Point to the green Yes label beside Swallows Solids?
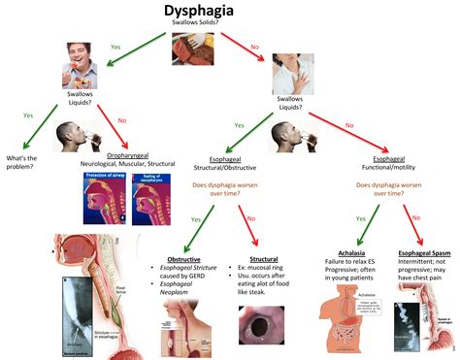click(115, 46)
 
